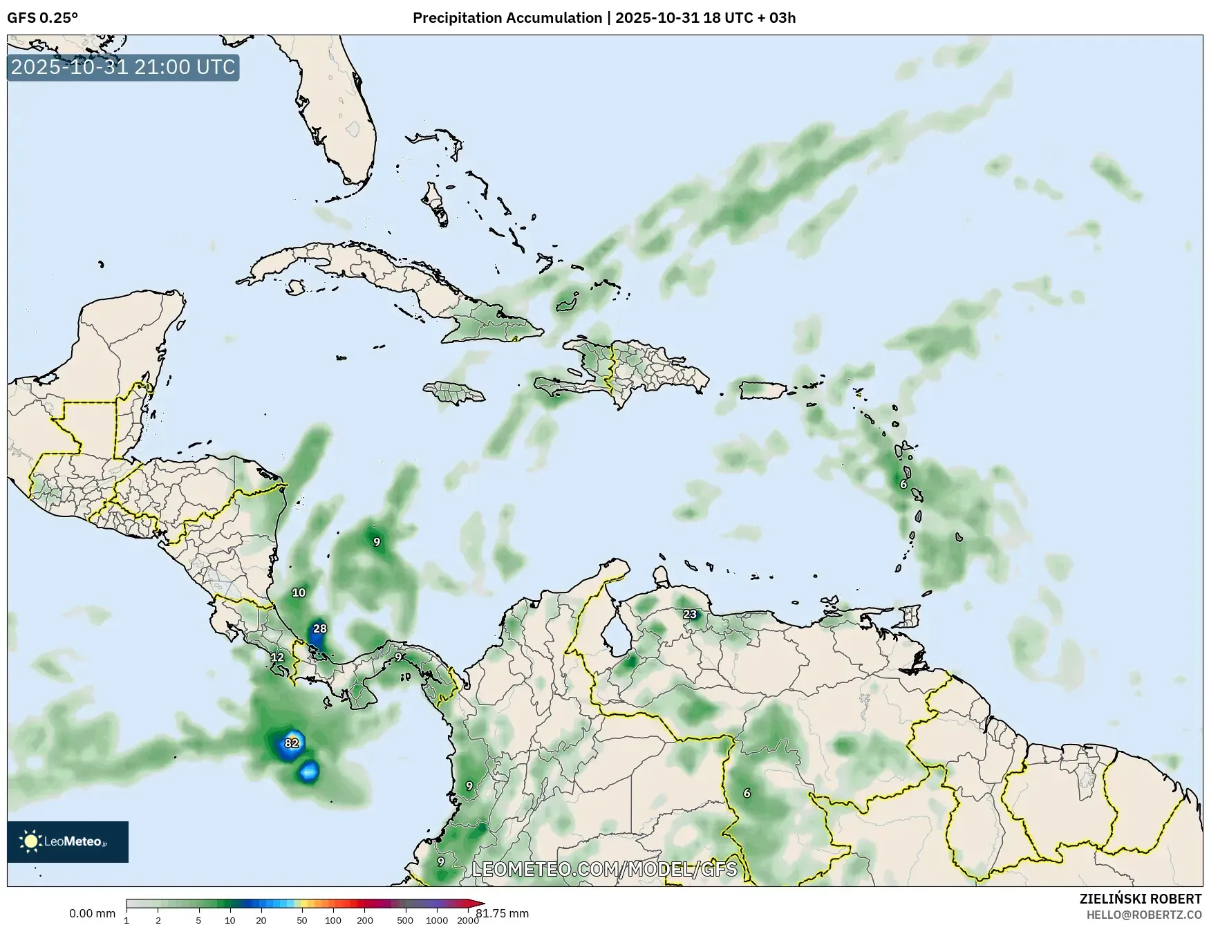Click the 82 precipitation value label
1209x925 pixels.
292,743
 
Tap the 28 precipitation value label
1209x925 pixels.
319,628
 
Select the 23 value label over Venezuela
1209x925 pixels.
690,614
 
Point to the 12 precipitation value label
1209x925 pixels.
277,657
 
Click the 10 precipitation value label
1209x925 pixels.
299,592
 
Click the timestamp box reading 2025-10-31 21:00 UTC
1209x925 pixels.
123,67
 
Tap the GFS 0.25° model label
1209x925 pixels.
42,18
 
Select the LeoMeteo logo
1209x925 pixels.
68,841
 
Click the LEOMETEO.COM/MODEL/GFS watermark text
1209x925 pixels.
604,868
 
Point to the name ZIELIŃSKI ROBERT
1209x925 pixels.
1140,899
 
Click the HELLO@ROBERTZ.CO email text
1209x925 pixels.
1143,915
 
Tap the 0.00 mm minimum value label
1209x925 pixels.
92,914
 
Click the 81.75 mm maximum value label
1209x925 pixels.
502,914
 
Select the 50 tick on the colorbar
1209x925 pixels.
302,920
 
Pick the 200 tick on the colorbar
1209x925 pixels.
365,920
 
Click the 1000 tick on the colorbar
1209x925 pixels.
437,920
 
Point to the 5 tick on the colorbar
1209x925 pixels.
198,920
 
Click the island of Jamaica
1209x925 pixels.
453,393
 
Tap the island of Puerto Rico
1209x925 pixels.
762,389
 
